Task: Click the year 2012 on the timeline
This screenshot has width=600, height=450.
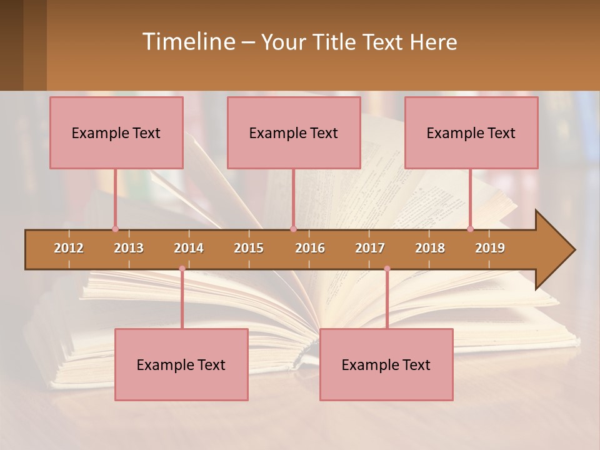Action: (x=69, y=248)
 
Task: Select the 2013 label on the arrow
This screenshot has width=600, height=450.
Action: (x=129, y=248)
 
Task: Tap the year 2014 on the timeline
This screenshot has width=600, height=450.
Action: (x=189, y=248)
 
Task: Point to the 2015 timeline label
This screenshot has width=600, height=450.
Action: (x=249, y=248)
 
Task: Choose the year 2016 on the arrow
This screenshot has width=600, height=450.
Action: (x=310, y=248)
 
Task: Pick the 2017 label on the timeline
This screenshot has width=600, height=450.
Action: (x=370, y=248)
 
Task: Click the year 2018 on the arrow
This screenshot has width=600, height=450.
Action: (x=430, y=248)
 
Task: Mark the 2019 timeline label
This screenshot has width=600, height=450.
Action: (x=490, y=248)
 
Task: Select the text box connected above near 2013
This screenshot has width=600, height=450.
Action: (x=116, y=132)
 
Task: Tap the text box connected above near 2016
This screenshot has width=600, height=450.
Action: (x=294, y=132)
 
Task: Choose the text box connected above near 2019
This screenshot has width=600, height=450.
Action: (x=471, y=132)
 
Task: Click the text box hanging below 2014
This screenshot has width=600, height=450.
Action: (x=181, y=364)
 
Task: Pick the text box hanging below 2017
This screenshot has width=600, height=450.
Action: (x=386, y=364)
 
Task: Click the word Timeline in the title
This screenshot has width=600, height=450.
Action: (x=187, y=42)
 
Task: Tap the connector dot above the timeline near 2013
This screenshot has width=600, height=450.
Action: (x=115, y=229)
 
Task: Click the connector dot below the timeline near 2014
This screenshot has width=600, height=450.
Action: (x=182, y=269)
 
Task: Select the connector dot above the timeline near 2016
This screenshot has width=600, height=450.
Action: (x=293, y=229)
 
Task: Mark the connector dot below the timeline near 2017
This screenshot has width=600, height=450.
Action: (x=387, y=269)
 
